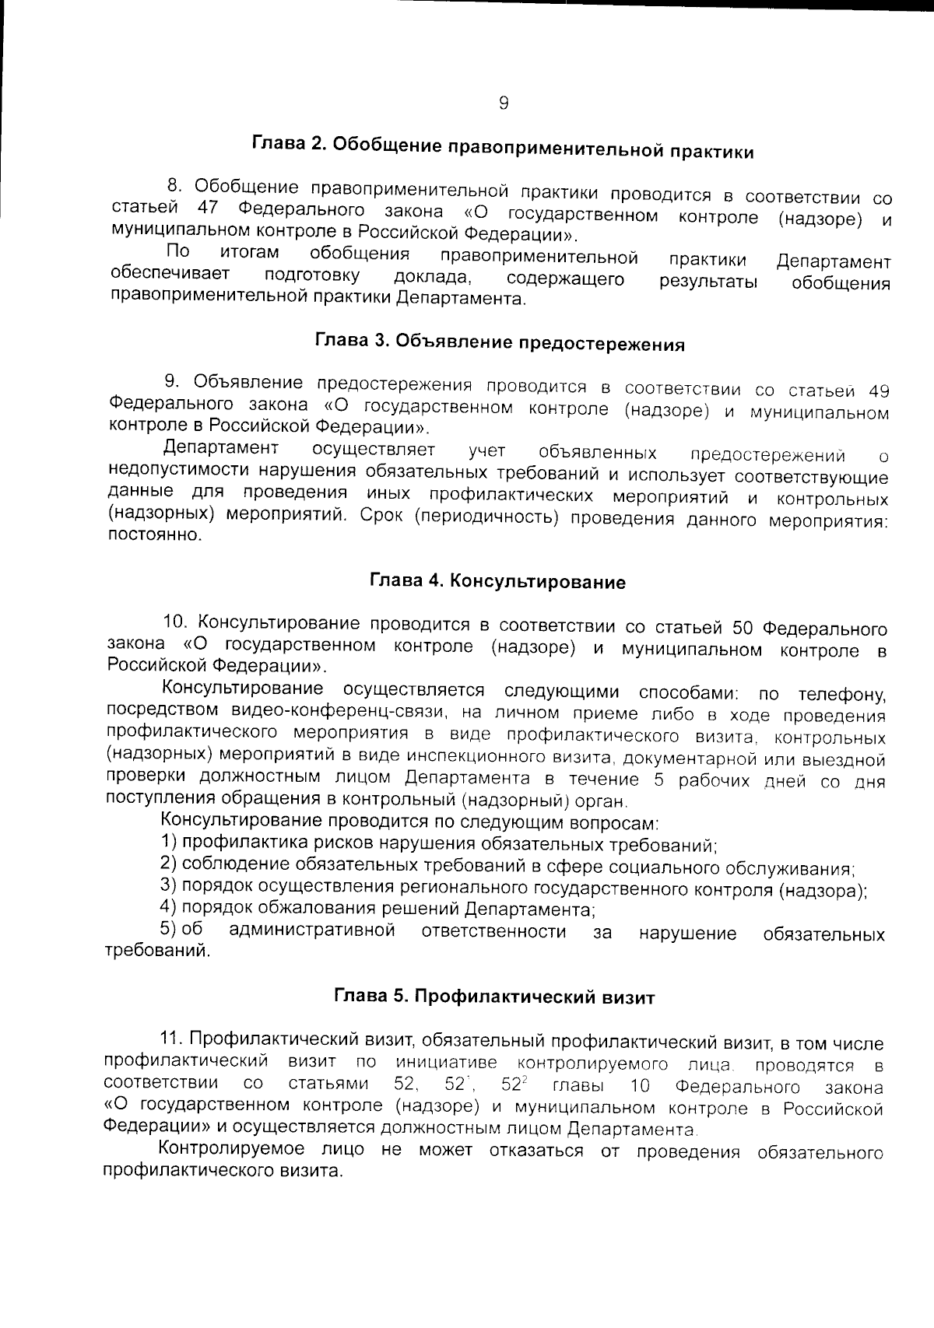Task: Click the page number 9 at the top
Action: click(x=504, y=103)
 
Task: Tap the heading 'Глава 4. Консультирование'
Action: click(x=497, y=581)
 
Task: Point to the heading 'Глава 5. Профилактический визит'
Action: click(x=494, y=997)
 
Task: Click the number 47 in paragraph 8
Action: click(x=210, y=208)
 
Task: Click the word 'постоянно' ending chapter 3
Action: click(x=154, y=536)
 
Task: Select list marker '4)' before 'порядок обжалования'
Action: click(x=169, y=907)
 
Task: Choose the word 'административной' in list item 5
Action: click(x=311, y=931)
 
